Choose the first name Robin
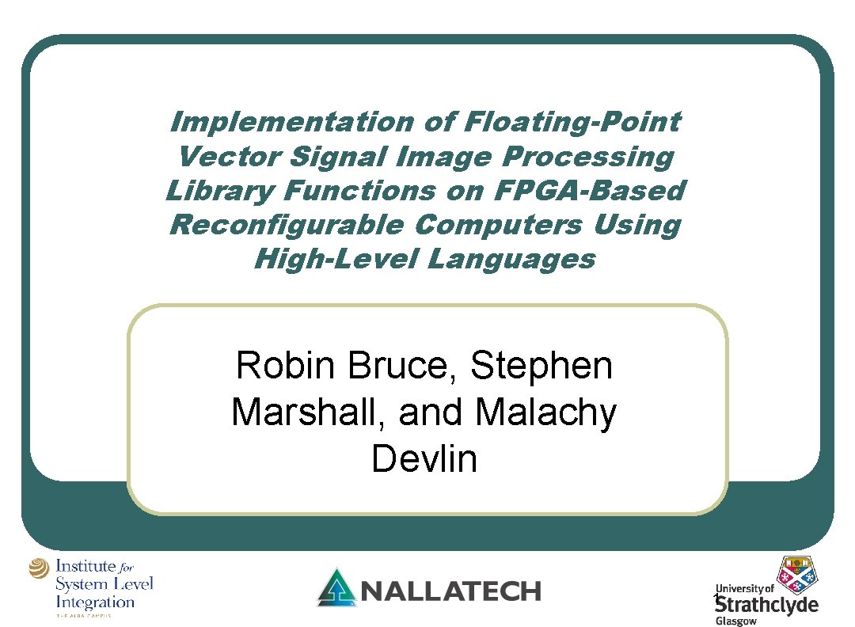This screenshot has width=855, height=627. tap(288, 366)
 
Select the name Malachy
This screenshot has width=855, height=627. tap(546, 412)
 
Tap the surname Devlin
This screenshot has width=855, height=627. tap(424, 459)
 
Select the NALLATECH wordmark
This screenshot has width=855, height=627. tap(450, 591)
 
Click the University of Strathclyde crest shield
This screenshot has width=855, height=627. tap(797, 574)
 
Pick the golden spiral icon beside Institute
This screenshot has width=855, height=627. tap(39, 569)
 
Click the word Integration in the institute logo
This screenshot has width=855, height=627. tap(95, 602)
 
